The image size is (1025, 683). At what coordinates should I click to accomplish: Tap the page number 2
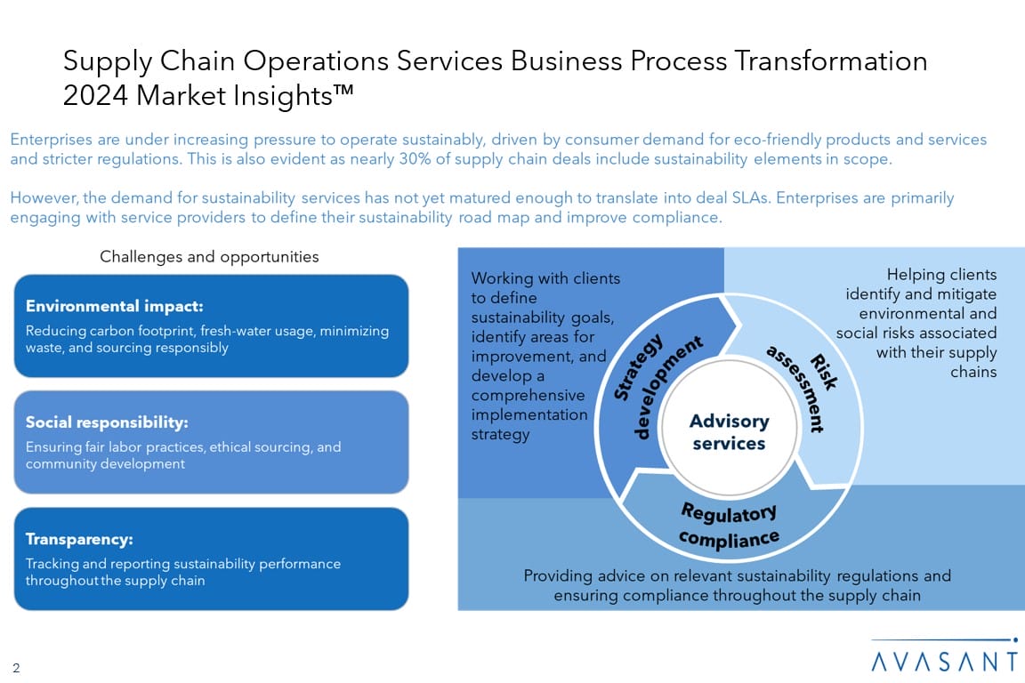pyautogui.click(x=16, y=668)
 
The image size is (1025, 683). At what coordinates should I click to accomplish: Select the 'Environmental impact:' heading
pyautogui.click(x=115, y=306)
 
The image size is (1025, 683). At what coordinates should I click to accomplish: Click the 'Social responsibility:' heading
pyautogui.click(x=107, y=422)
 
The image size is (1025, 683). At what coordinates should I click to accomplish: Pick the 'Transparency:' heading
pyautogui.click(x=79, y=539)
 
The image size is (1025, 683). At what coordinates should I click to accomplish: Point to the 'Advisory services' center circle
pyautogui.click(x=729, y=431)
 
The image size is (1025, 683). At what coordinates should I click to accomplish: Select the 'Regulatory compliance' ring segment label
pyautogui.click(x=729, y=525)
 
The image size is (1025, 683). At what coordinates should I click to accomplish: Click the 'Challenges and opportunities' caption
pyautogui.click(x=209, y=257)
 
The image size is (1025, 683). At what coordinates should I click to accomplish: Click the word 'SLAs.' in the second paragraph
pyautogui.click(x=748, y=197)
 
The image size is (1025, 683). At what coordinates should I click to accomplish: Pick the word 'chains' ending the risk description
pyautogui.click(x=973, y=372)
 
